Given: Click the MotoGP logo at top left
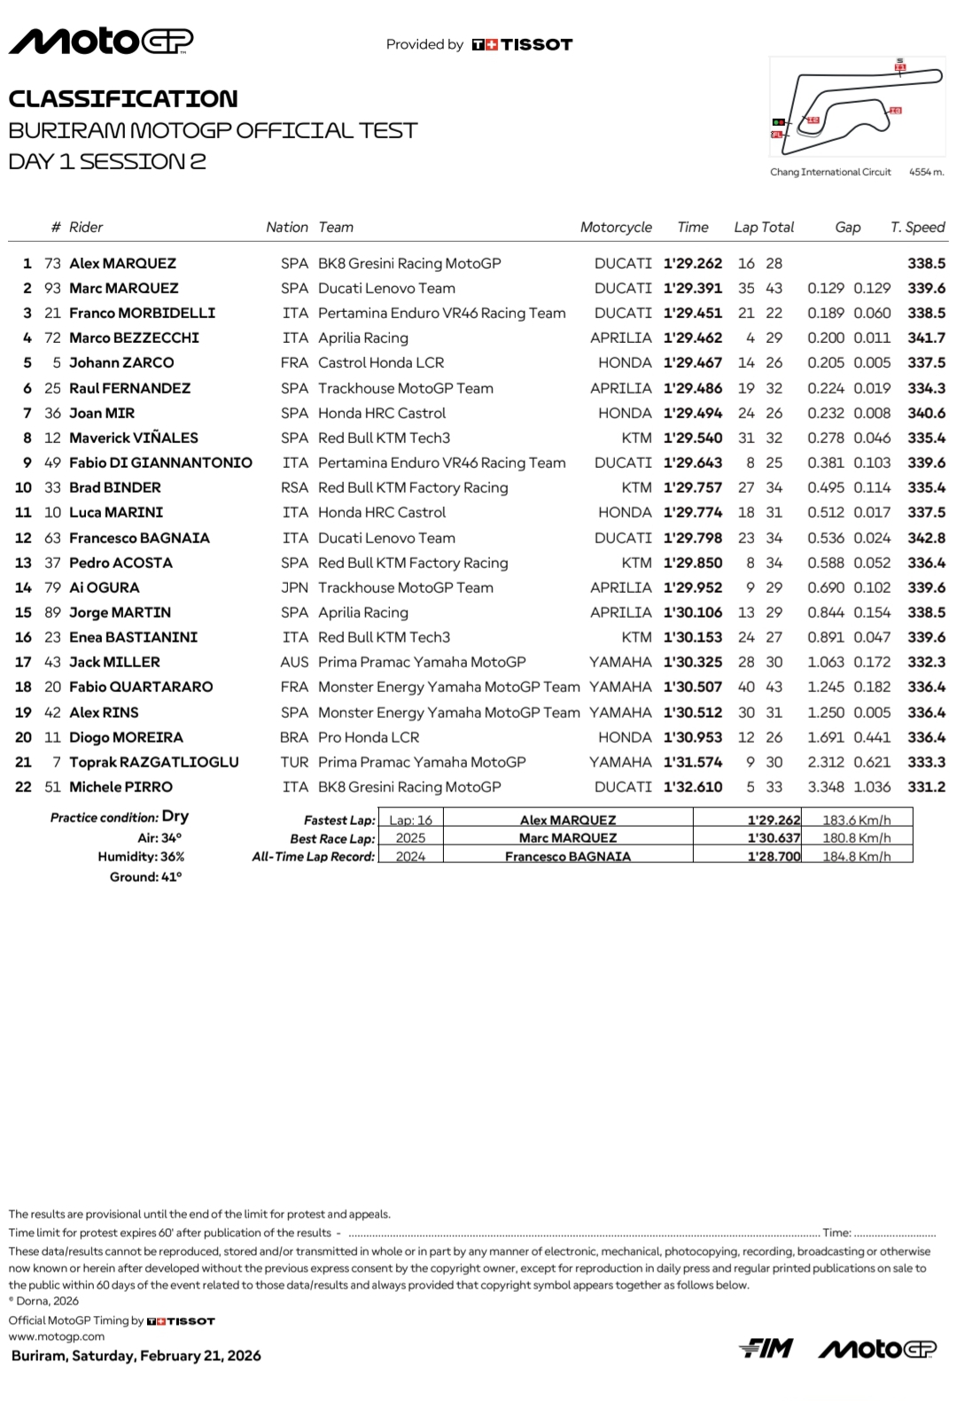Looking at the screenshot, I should point(100,42).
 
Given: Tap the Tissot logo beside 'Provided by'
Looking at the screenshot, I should point(522,44).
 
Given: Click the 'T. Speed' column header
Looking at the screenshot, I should point(917,228).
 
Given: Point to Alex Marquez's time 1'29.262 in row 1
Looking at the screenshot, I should point(692,263).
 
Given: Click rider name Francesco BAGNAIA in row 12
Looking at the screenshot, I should point(139,538).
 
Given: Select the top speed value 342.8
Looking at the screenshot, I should point(926,538).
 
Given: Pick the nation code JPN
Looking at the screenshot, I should point(294,588).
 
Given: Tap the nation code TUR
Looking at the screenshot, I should point(294,762).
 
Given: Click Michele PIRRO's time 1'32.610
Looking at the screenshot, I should point(692,787).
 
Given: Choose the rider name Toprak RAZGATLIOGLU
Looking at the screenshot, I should point(153,762).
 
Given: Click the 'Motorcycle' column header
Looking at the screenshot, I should point(616,228).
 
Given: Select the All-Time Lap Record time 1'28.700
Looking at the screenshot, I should point(774,856).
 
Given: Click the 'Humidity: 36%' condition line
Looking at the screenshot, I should point(141,857).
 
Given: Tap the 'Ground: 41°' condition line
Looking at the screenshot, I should point(145,877).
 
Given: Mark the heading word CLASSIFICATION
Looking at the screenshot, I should point(123,98).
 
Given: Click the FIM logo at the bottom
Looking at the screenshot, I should point(766,1349).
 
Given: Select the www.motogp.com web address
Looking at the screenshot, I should point(57,1336).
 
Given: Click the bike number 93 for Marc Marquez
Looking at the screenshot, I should point(52,288).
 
